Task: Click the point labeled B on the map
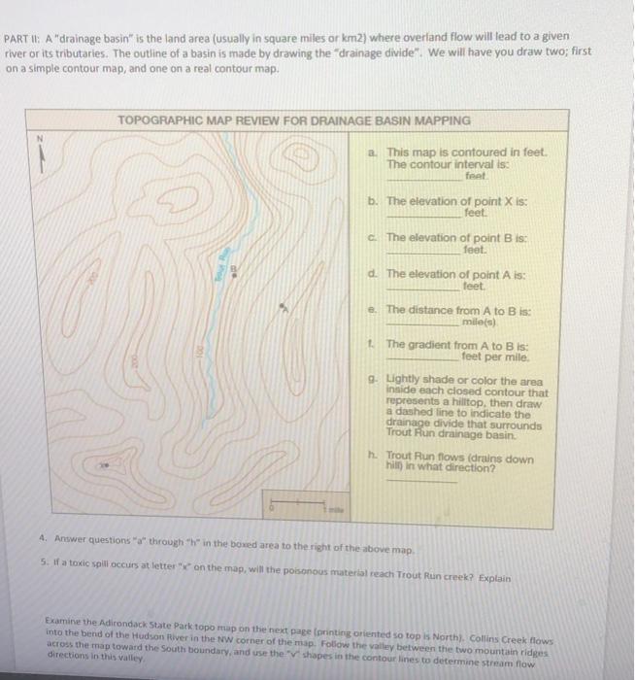point(232,269)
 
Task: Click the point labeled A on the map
point(283,307)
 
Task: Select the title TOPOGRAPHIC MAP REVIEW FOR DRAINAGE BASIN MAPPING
point(293,120)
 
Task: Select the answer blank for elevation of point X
point(424,213)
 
